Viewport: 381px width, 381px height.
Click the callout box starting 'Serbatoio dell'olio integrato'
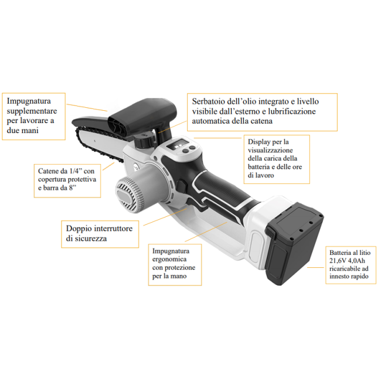coord(262,112)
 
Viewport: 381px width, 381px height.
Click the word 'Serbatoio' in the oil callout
coord(209,101)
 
